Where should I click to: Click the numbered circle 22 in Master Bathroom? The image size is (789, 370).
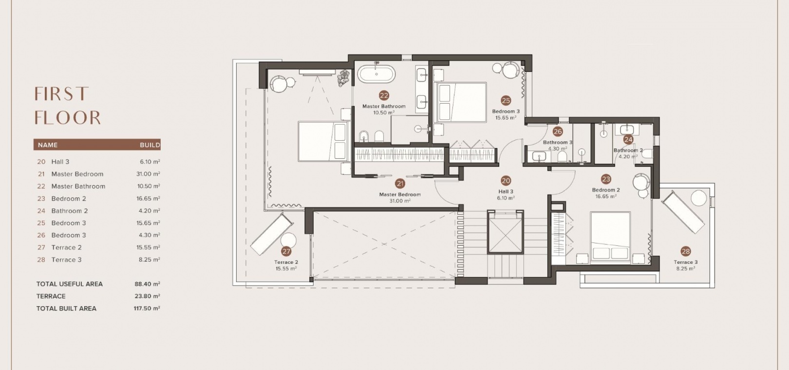tap(384, 95)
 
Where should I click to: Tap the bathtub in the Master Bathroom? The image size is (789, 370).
tap(376, 74)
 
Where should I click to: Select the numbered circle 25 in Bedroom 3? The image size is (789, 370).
tap(506, 101)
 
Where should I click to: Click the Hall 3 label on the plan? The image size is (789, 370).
tap(506, 191)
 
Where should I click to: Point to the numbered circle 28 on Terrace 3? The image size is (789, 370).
tap(685, 251)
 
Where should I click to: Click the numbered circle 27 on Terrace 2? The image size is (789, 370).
tap(286, 251)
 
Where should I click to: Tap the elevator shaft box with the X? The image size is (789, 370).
tap(506, 232)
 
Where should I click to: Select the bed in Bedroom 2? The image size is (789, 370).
tap(610, 237)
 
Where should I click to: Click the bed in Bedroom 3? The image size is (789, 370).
tap(462, 102)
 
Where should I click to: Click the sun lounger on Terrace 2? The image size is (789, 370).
tap(272, 234)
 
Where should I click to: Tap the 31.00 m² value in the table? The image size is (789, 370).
tap(148, 174)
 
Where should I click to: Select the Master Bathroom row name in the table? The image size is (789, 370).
tap(78, 186)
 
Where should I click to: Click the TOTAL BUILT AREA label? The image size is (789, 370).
tap(66, 308)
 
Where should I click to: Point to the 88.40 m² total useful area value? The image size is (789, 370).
tap(147, 284)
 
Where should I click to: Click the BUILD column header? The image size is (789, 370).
tap(150, 145)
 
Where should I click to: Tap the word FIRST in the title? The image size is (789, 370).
tap(61, 94)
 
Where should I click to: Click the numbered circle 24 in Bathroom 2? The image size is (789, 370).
tap(628, 139)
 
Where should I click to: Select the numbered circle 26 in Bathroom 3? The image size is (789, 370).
tap(558, 131)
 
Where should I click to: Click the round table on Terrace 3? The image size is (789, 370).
tap(699, 198)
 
